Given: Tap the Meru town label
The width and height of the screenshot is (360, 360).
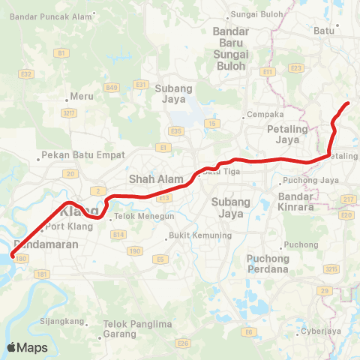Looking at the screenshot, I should click(x=82, y=97).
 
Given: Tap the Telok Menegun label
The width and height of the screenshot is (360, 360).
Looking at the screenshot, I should click(x=134, y=219).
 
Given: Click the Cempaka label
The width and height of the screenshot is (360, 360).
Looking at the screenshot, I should click(x=265, y=115).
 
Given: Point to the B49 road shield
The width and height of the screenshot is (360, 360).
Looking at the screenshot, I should click(x=112, y=88).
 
